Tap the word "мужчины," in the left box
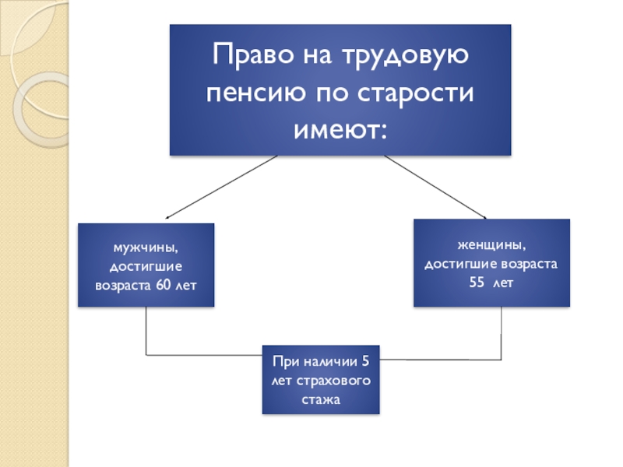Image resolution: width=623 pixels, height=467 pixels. click(x=146, y=248)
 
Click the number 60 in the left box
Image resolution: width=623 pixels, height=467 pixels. click(x=164, y=285)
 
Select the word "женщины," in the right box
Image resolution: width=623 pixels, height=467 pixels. click(x=491, y=245)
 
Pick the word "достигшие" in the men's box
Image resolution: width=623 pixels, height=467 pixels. click(x=146, y=266)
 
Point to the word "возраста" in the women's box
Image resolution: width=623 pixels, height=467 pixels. click(x=526, y=264)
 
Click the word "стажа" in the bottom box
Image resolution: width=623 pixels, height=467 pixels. click(x=321, y=401)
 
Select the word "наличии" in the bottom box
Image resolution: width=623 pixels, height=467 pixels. click(x=329, y=363)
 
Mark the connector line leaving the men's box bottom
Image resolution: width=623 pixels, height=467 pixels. click(x=146, y=331)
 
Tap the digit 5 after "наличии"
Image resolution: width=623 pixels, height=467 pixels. click(x=366, y=363)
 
